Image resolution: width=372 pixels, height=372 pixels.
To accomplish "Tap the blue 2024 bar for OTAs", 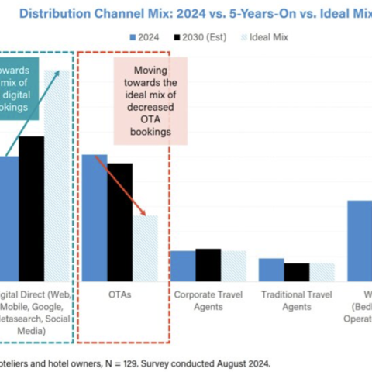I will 95,218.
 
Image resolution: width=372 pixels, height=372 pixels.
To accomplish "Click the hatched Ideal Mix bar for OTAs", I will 145,248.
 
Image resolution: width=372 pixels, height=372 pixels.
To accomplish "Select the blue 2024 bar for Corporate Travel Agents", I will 183,265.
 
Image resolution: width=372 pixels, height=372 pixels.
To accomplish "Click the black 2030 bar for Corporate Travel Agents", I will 208,264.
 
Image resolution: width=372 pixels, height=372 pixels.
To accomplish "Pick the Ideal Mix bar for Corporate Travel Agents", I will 233,265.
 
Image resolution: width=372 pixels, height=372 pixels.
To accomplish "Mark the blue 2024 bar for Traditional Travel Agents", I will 271,269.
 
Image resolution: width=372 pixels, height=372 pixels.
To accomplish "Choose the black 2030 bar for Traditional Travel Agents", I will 296,272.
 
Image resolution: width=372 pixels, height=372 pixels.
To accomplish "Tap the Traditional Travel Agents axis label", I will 297,301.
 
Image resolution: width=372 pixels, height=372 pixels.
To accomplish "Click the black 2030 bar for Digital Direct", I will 32,208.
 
